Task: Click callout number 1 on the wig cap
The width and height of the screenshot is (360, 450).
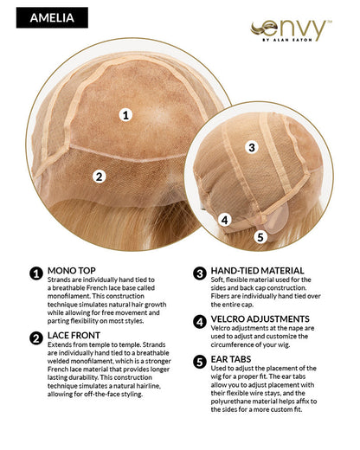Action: (126, 114)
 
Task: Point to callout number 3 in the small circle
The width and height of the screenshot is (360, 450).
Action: (252, 147)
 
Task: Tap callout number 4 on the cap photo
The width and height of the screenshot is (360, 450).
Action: (224, 220)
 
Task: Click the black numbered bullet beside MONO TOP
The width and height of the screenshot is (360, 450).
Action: (36, 273)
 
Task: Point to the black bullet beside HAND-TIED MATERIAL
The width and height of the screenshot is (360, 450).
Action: (199, 273)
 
